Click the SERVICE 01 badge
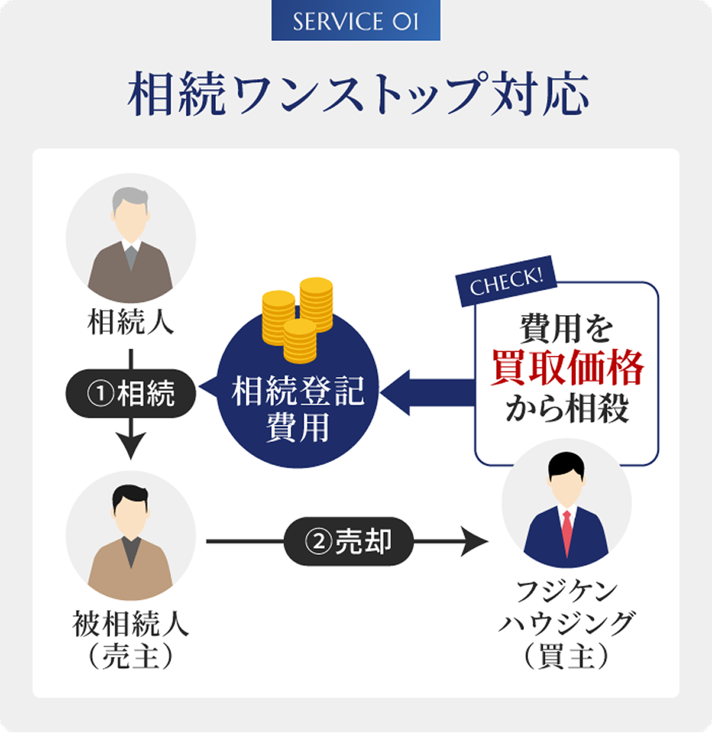click(x=355, y=21)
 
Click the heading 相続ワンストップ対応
click(x=356, y=94)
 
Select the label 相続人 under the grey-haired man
click(x=131, y=322)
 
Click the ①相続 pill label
click(x=131, y=395)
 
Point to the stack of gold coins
click(x=297, y=317)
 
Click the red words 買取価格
click(x=567, y=369)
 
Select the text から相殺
click(x=567, y=409)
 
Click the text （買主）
click(x=567, y=657)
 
